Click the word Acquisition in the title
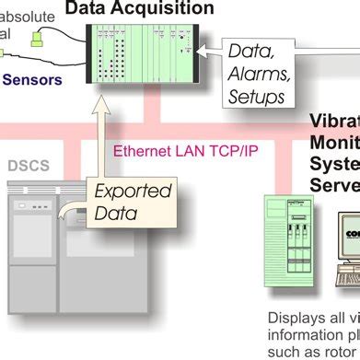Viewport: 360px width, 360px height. coord(169,8)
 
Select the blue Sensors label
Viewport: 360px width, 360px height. coord(32,80)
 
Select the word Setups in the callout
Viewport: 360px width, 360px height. coord(257,96)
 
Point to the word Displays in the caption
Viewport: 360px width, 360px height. coord(293,317)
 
